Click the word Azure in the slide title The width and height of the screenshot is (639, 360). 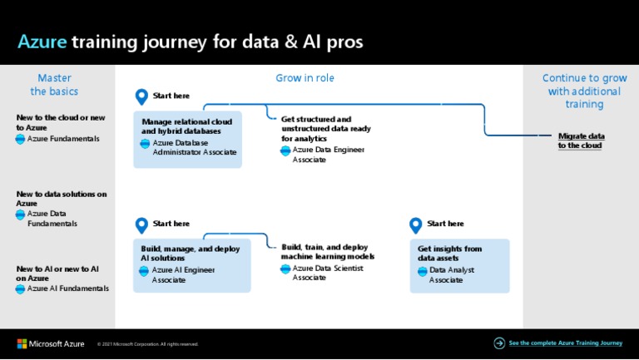(x=42, y=42)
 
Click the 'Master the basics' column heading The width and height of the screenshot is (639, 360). (x=54, y=84)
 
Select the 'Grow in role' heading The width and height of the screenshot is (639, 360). (x=305, y=78)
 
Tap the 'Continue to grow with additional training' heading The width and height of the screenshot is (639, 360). (x=581, y=91)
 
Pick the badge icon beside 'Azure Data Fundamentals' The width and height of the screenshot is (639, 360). (x=21, y=215)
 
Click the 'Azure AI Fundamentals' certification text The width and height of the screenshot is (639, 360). (x=67, y=288)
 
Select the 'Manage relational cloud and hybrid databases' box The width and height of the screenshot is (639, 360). (x=187, y=139)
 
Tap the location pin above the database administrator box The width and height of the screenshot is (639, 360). (x=141, y=97)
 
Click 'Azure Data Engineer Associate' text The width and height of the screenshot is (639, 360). (x=328, y=155)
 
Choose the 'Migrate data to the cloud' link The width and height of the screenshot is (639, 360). (x=581, y=141)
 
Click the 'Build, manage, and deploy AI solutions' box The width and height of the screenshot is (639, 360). (x=191, y=264)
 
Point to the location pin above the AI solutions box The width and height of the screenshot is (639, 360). (x=141, y=225)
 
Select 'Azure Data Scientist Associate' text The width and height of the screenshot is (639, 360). (x=327, y=273)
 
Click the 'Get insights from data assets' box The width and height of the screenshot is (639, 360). (x=459, y=264)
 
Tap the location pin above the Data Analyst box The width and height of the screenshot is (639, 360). (x=416, y=225)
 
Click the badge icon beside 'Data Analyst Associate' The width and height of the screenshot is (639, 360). (x=422, y=270)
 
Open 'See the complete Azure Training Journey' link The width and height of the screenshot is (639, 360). (x=565, y=343)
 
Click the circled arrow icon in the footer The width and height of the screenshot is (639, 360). (x=499, y=343)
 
